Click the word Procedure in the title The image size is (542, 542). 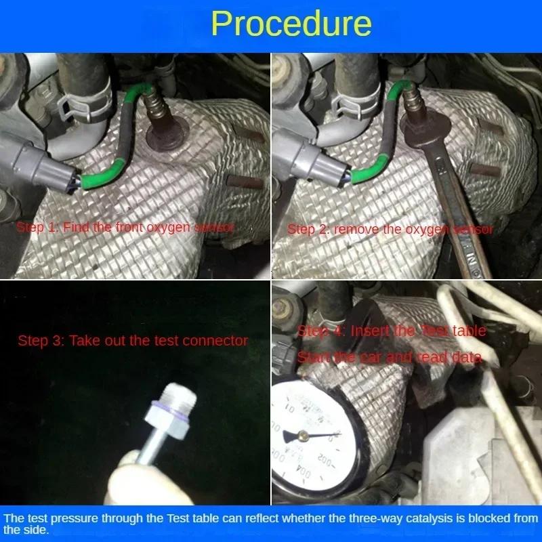291,24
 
